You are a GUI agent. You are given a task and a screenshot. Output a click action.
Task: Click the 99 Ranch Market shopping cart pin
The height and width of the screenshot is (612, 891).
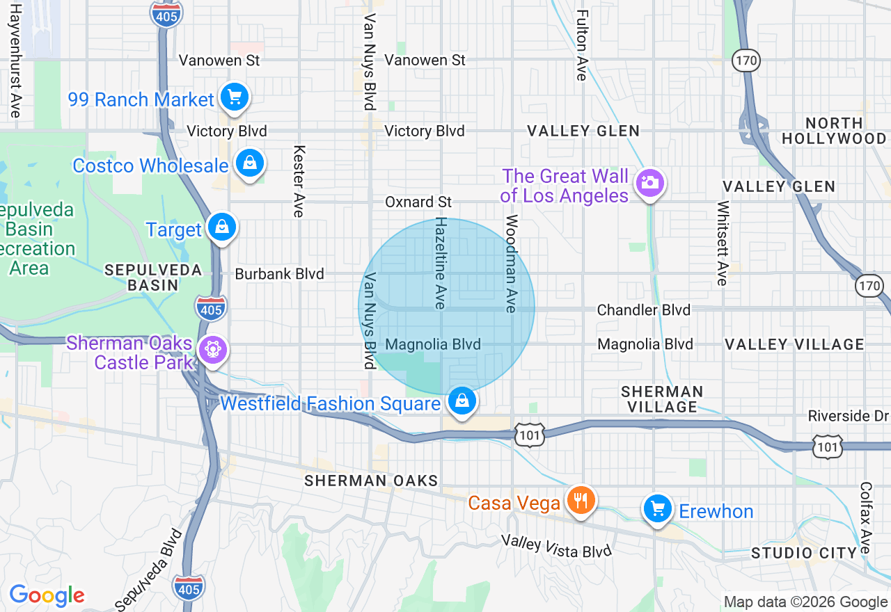click(235, 97)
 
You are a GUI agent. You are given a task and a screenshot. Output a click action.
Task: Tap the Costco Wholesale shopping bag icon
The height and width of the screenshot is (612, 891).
click(249, 163)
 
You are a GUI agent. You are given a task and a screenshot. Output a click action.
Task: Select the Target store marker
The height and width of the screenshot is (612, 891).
click(221, 227)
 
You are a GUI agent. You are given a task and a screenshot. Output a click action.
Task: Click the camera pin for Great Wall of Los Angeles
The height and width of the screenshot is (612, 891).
click(649, 184)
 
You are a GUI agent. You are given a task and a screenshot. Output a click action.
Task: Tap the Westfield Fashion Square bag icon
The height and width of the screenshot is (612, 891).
click(461, 401)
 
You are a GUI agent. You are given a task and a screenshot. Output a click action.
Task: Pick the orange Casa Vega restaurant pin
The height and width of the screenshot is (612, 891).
click(580, 500)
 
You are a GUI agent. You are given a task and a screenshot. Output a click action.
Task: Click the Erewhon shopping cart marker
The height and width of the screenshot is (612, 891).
click(657, 509)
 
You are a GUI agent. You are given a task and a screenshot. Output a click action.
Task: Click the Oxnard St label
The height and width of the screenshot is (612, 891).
click(418, 202)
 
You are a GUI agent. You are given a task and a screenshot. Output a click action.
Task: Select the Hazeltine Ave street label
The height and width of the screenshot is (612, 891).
click(440, 262)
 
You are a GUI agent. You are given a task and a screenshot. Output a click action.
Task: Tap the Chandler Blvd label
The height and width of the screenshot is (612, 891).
click(644, 309)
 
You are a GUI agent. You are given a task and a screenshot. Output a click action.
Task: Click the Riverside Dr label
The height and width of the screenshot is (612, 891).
click(849, 416)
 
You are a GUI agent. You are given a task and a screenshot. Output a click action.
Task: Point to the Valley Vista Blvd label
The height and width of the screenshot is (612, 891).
click(556, 546)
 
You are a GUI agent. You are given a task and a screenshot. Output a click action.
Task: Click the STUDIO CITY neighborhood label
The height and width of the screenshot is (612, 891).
click(803, 553)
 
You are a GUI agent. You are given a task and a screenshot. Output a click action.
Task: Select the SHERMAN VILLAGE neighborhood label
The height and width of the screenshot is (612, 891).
click(662, 399)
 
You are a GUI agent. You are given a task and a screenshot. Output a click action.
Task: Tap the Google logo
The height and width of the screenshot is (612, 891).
click(47, 595)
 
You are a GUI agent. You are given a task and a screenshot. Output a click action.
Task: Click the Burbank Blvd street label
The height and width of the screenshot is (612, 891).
click(279, 274)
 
